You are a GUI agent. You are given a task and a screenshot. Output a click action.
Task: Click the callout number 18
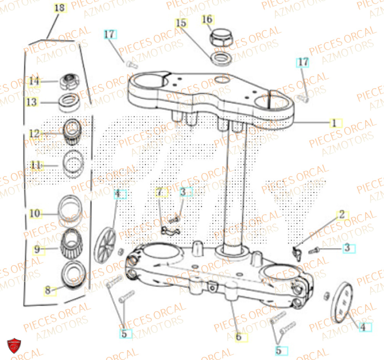click(60, 8)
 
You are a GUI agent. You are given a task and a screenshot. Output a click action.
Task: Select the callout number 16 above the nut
click(207, 19)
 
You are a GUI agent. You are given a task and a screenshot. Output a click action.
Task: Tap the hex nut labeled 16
click(220, 38)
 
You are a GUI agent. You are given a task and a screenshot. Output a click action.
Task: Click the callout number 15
click(181, 23)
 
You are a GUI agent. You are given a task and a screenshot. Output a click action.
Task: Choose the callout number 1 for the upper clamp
click(334, 123)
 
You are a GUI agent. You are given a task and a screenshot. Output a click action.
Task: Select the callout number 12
click(35, 134)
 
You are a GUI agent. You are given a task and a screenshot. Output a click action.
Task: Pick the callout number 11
click(36, 165)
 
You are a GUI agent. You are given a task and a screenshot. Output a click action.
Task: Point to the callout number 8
click(48, 291)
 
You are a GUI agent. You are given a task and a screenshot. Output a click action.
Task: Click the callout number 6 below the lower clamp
click(238, 337)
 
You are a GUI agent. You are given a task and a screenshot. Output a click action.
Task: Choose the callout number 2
click(341, 215)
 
